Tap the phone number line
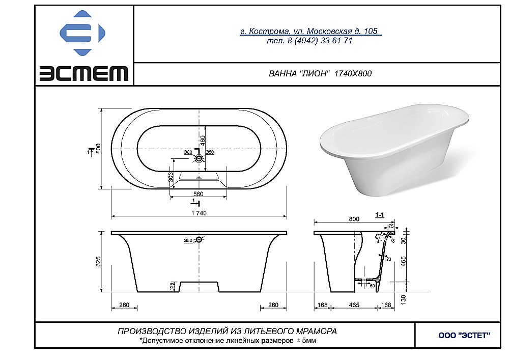309,41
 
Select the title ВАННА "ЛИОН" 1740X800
320,73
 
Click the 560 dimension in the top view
199,194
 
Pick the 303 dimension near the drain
171,176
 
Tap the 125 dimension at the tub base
172,287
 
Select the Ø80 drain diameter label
187,152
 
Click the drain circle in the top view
199,158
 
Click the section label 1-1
379,215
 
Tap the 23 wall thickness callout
388,259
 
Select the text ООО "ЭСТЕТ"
464,335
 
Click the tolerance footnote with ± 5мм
228,340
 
